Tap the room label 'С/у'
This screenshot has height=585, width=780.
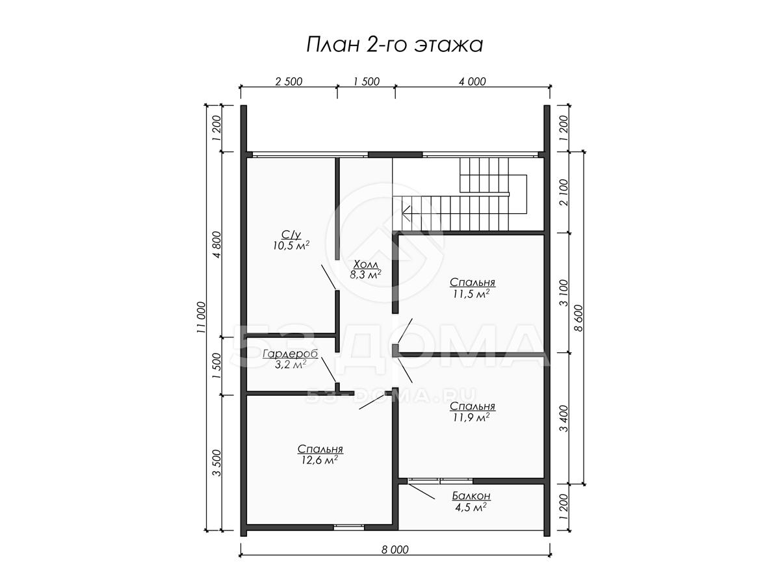point(291,235)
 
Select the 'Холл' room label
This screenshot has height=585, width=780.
point(366,265)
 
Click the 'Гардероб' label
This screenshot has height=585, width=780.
point(290,354)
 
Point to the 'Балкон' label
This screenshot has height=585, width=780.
point(471,495)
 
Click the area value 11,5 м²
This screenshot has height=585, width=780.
point(471,294)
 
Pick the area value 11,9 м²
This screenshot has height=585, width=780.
point(471,417)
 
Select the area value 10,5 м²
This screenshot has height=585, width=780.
point(291,246)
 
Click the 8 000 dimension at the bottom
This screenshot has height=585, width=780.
point(395,550)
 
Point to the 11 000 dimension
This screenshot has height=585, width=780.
point(201,318)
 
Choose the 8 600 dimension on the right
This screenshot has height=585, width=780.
point(578,318)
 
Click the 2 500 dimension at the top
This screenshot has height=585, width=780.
point(289,81)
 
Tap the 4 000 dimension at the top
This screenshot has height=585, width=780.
point(473,81)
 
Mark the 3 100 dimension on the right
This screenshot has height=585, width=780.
point(564,293)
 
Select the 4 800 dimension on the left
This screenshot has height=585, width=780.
point(216,244)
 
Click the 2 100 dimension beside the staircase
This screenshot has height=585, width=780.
point(564,192)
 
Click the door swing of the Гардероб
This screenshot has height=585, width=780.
point(328,369)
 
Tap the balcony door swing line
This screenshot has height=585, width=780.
point(421,491)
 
